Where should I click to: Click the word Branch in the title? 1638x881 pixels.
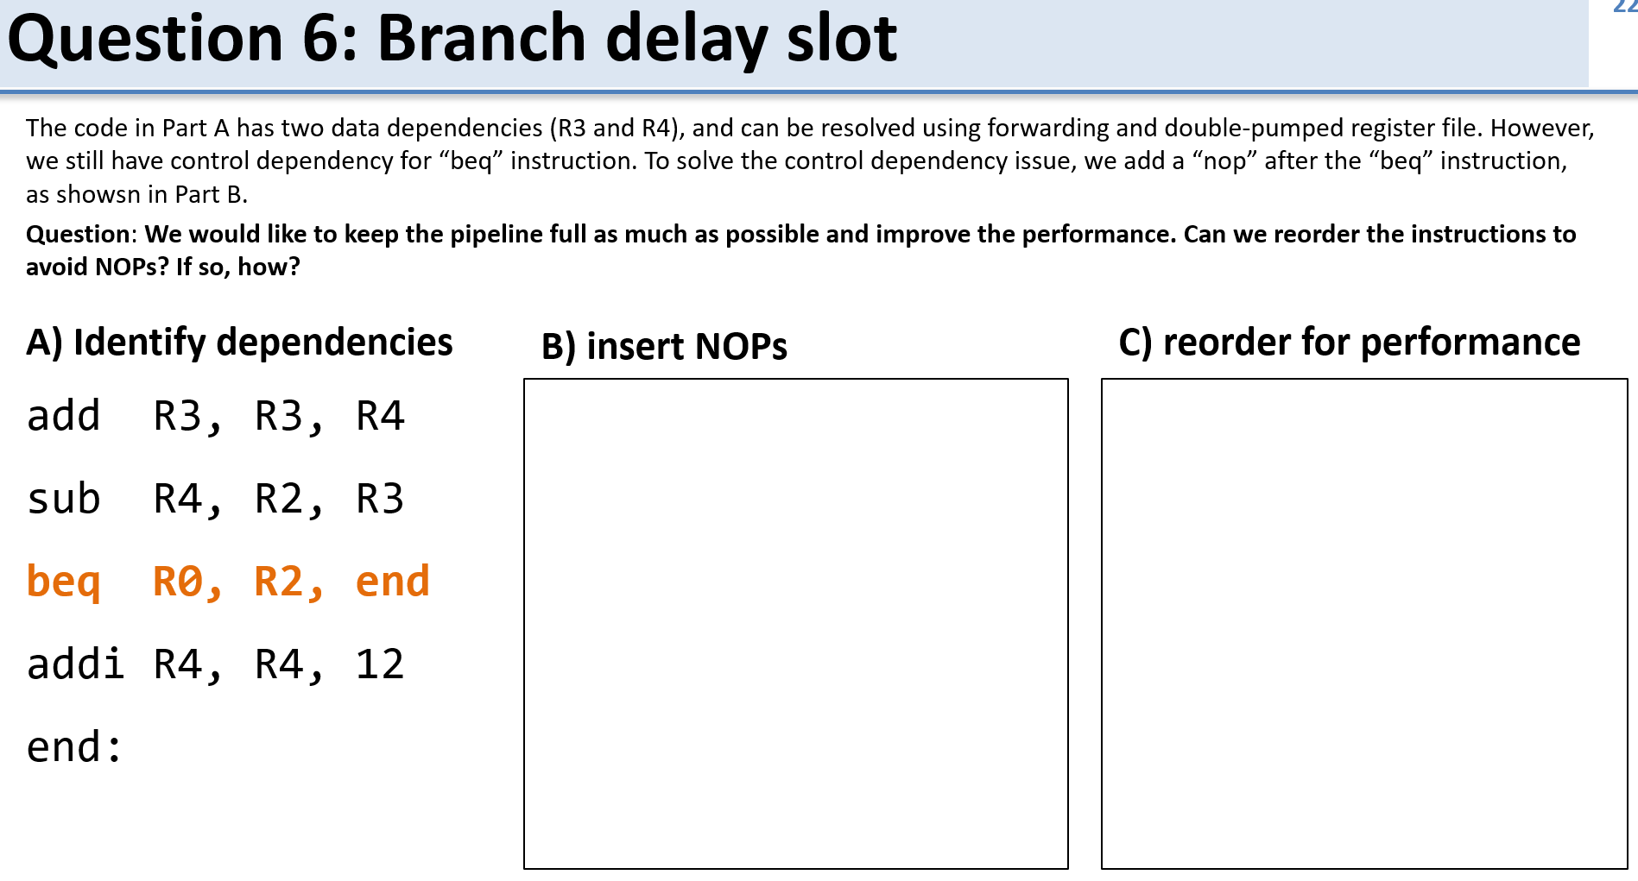coord(482,40)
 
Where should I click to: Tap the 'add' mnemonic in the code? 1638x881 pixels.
coord(63,416)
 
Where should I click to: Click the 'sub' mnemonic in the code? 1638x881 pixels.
coord(63,499)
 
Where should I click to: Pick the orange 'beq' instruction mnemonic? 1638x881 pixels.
coord(63,582)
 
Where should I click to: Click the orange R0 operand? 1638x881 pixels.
coord(178,582)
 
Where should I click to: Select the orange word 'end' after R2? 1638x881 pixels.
coord(392,582)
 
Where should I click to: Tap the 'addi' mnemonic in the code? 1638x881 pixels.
coord(76,664)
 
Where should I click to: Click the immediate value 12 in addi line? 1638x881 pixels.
coord(380,664)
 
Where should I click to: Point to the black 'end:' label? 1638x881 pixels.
coord(74,747)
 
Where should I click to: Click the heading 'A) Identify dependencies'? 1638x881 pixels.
coord(239,343)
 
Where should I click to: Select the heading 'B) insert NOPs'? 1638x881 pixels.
coord(664,347)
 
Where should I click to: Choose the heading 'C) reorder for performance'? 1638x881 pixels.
coord(1349,343)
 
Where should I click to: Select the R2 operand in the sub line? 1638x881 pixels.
coord(279,499)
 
